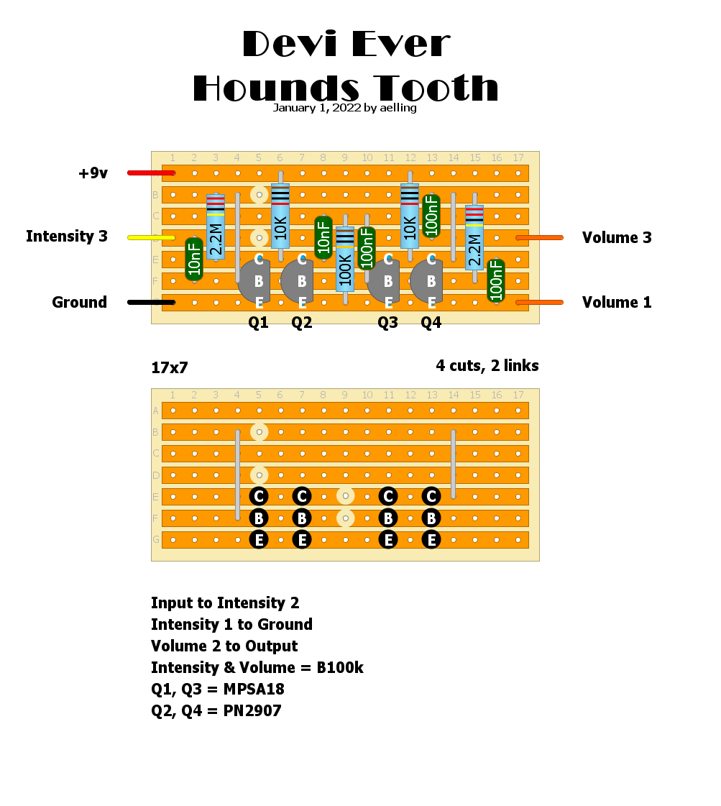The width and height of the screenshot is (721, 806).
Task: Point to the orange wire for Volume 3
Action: click(540, 237)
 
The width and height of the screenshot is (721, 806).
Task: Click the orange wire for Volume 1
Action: click(540, 302)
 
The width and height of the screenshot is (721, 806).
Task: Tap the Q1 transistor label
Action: click(258, 323)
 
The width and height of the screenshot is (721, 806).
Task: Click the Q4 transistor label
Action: click(431, 323)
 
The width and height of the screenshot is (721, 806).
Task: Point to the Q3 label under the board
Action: click(387, 323)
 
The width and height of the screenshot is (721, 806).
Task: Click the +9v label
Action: click(93, 173)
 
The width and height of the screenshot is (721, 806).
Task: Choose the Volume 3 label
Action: click(617, 238)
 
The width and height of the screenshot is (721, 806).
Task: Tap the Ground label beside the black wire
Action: click(79, 303)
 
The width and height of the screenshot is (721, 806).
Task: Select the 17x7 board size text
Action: click(170, 368)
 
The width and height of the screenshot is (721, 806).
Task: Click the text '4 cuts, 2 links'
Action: click(487, 366)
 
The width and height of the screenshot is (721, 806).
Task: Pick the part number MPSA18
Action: click(254, 690)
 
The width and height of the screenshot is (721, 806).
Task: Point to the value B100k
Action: click(340, 668)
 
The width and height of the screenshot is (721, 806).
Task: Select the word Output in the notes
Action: click(272, 646)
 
